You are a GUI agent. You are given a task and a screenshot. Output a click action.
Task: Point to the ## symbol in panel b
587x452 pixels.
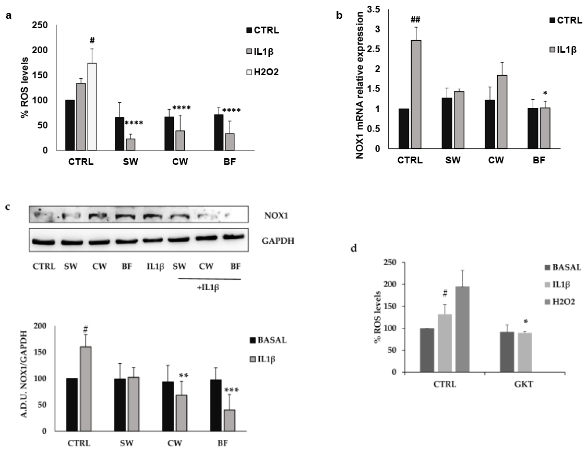click(416, 20)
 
